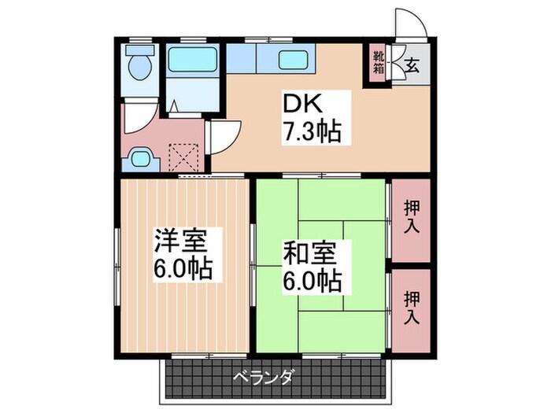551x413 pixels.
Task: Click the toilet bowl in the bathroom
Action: coord(141,69)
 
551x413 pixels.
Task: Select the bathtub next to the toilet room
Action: coord(191,58)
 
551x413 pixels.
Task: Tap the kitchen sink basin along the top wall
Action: coord(293,59)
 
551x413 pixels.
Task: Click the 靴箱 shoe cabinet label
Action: coord(379,61)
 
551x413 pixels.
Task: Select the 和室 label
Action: coord(312,253)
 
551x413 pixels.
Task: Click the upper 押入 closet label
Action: coord(411,219)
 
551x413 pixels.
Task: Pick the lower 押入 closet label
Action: coord(411,308)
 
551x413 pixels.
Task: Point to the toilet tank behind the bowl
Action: coord(141,50)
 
